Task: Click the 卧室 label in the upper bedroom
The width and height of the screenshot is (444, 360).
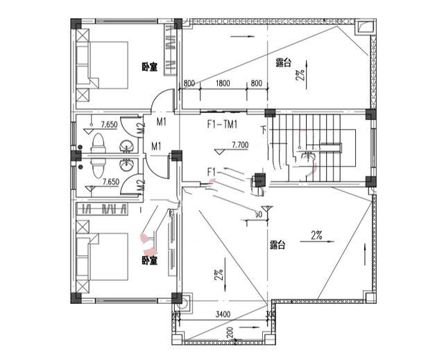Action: tap(149, 67)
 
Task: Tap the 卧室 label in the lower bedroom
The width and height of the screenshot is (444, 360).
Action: tap(149, 261)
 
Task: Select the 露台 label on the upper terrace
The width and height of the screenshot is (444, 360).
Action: tap(282, 63)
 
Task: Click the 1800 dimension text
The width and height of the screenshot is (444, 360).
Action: tap(222, 84)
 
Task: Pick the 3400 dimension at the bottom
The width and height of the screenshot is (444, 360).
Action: tap(223, 315)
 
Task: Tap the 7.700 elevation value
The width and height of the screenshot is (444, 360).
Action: tap(239, 145)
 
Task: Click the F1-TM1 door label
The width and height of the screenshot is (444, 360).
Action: tap(222, 126)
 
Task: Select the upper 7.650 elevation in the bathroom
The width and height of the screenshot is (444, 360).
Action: tap(109, 125)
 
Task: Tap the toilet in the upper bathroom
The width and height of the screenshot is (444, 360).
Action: tap(99, 142)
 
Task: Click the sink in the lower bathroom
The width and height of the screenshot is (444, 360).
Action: tap(127, 166)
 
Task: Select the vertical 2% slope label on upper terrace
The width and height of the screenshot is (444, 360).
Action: tap(300, 75)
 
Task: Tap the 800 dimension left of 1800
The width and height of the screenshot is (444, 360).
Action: tap(189, 84)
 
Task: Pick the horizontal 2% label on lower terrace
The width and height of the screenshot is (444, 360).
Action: tap(317, 234)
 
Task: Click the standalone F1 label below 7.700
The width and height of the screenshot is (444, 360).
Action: tap(213, 171)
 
